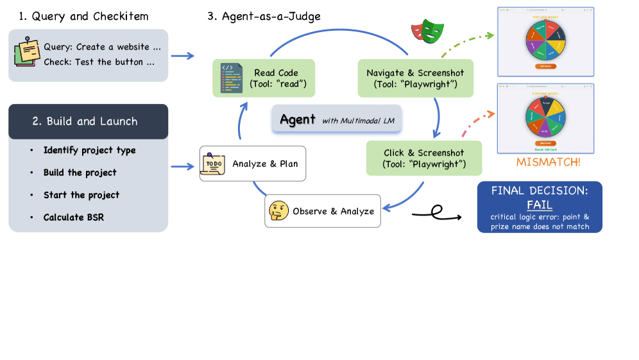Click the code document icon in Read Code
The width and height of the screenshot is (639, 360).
[231, 78]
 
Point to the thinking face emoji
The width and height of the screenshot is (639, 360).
[278, 210]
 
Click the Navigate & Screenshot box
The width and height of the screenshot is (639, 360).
[415, 78]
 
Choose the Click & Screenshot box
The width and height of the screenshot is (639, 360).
[415, 159]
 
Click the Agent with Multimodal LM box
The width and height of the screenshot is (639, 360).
[337, 119]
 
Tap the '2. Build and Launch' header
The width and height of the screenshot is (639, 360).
[88, 121]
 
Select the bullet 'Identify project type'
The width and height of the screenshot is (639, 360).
[89, 150]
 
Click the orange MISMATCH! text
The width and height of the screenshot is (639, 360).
[548, 162]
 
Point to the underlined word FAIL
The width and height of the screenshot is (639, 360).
[540, 205]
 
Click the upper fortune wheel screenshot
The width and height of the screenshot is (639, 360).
[545, 40]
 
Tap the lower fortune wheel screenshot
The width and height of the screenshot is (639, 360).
[545, 117]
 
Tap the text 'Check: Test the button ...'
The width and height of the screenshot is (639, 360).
[99, 62]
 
